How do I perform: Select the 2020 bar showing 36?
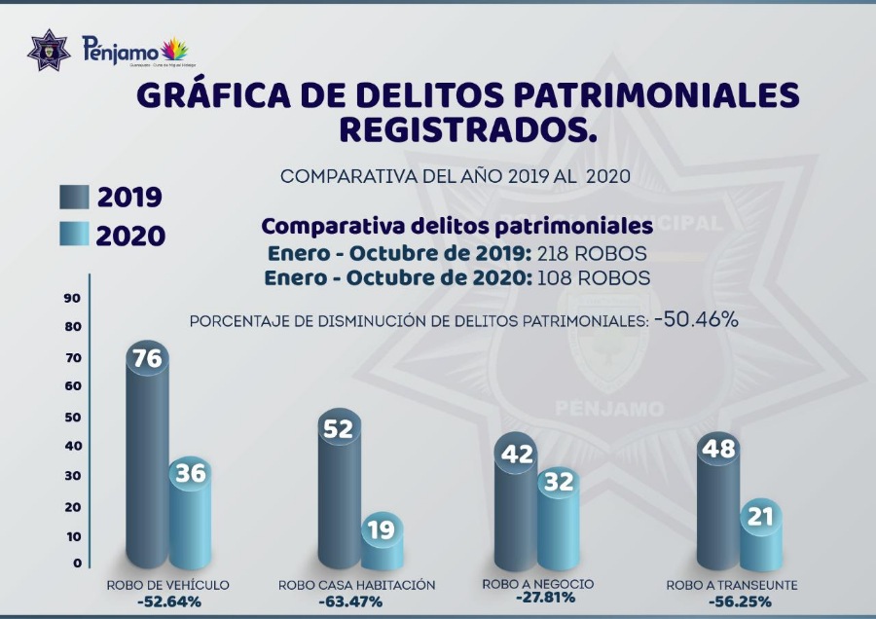190,516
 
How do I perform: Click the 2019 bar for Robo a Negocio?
515,506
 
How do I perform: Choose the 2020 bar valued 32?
558,521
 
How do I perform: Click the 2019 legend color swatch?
73,197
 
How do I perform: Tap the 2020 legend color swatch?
73,235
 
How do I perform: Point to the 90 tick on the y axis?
72,299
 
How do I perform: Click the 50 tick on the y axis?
72,418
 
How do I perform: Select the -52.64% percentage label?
168,601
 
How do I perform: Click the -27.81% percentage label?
539,599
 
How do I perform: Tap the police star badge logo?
49,49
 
